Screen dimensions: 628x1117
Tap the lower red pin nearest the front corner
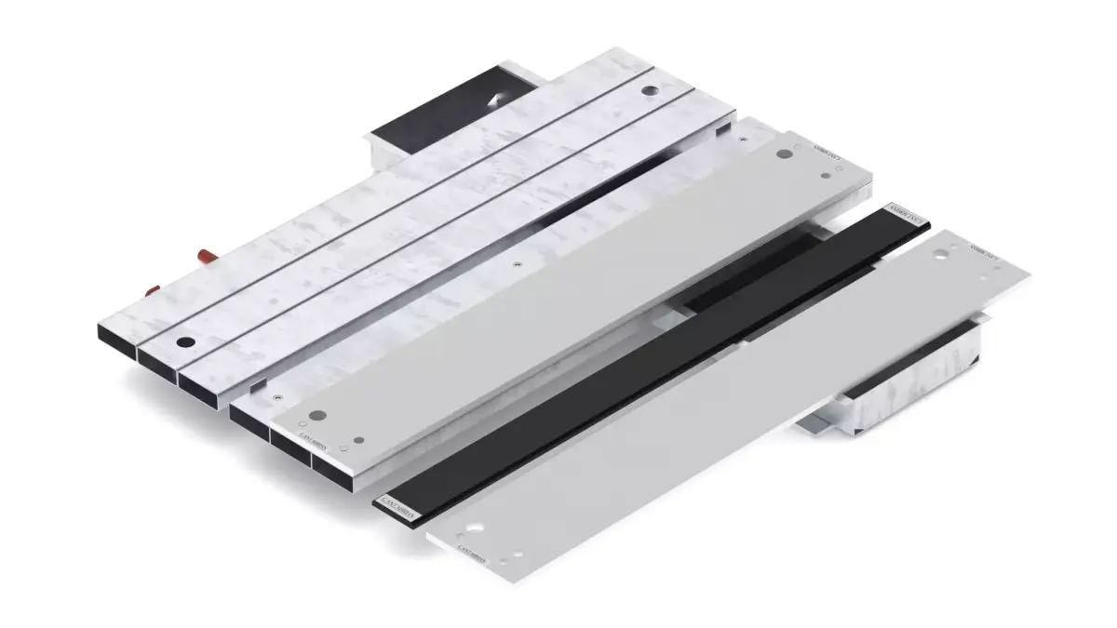pyautogui.click(x=152, y=292)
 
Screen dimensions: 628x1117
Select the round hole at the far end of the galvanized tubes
pyautogui.click(x=648, y=91)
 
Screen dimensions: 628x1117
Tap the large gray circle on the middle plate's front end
pyautogui.click(x=317, y=414)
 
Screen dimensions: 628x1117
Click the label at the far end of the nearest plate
pyautogui.click(x=985, y=252)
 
